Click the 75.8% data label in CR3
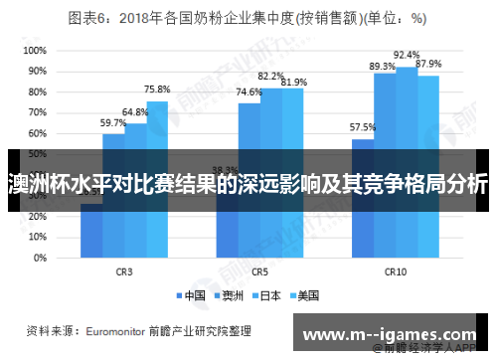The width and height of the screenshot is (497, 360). point(156,89)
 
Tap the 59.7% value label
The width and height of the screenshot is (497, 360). point(113,122)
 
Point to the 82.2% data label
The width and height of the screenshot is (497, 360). point(270,76)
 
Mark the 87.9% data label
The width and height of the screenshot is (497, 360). point(428,64)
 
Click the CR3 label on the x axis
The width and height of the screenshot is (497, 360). point(124,270)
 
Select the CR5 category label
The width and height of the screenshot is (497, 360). point(260,270)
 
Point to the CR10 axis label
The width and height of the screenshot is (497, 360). point(396,270)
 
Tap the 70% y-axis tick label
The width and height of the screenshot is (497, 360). point(36,111)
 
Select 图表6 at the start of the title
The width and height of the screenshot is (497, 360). point(88,18)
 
